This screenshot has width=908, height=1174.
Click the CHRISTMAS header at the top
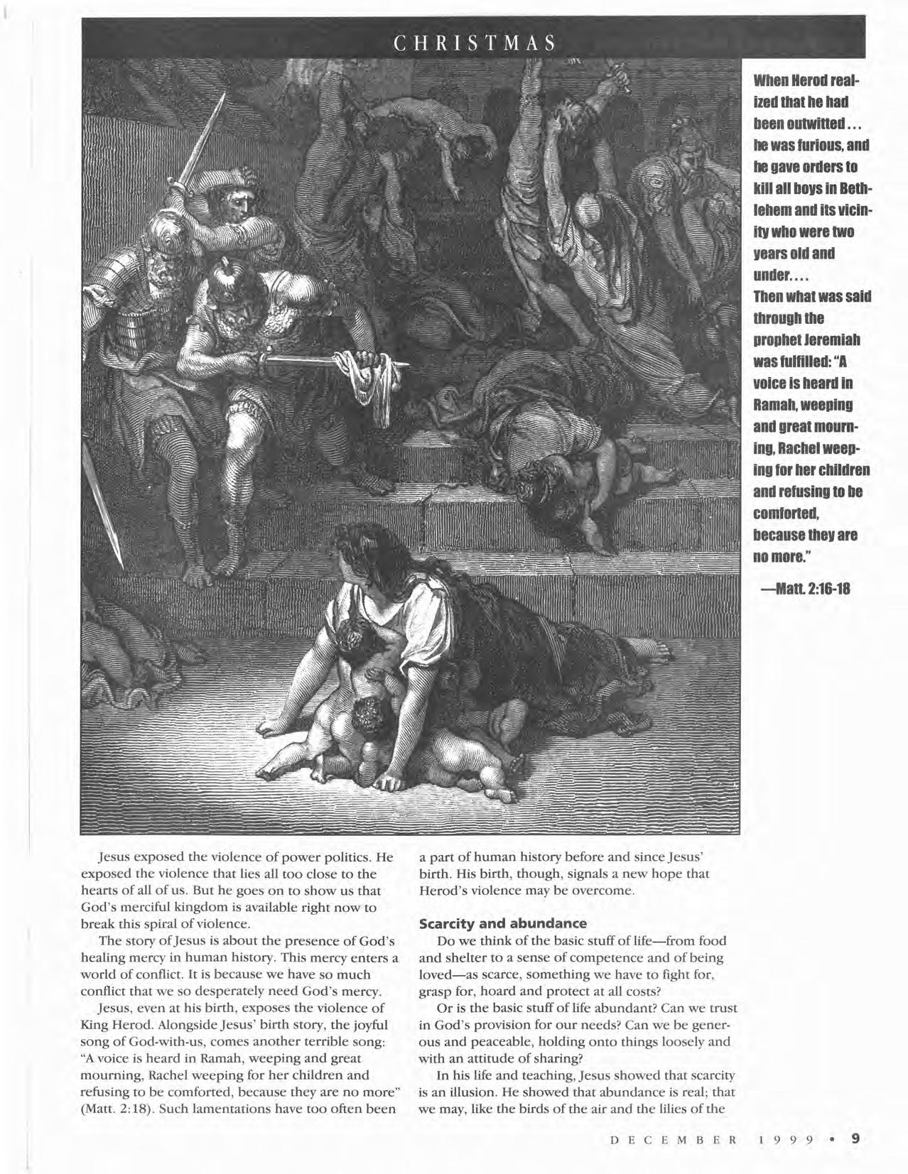coord(474,43)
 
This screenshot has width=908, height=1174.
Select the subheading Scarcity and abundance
coord(502,923)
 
